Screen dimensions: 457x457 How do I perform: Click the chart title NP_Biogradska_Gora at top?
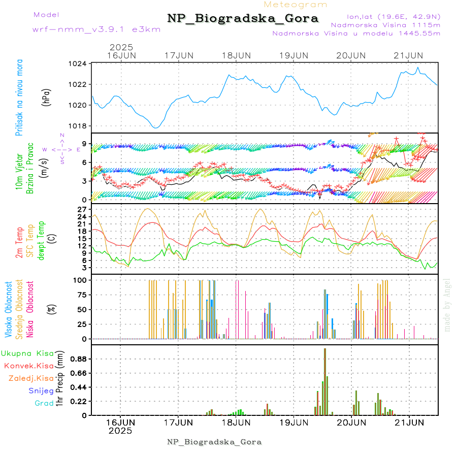point(243,19)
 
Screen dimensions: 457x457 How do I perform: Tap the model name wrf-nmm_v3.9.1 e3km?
point(96,29)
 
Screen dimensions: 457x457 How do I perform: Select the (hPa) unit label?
point(47,96)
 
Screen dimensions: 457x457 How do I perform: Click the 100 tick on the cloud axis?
point(81,280)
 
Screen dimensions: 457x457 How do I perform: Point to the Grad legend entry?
point(44,403)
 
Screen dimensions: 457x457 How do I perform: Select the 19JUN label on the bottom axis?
point(293,422)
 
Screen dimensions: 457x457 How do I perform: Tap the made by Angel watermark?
point(447,305)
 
